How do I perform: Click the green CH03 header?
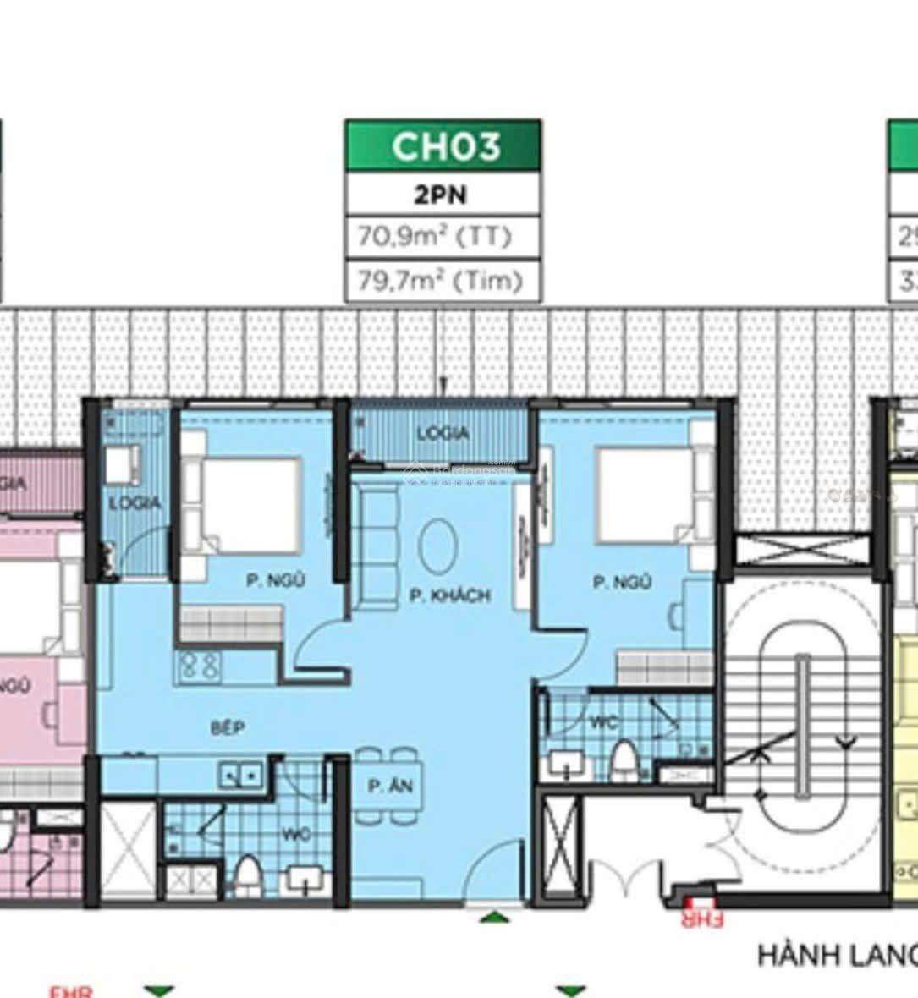[x=443, y=146]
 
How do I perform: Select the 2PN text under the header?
[x=441, y=195]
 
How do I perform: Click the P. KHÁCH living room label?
[x=449, y=595]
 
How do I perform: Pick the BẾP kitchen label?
[x=228, y=727]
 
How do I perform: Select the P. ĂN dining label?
[x=390, y=787]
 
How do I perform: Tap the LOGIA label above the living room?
[x=442, y=434]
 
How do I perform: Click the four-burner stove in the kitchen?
[x=198, y=667]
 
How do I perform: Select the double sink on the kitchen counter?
[x=240, y=775]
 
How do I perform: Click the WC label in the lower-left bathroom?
[x=296, y=835]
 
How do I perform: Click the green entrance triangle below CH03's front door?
[x=494, y=916]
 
